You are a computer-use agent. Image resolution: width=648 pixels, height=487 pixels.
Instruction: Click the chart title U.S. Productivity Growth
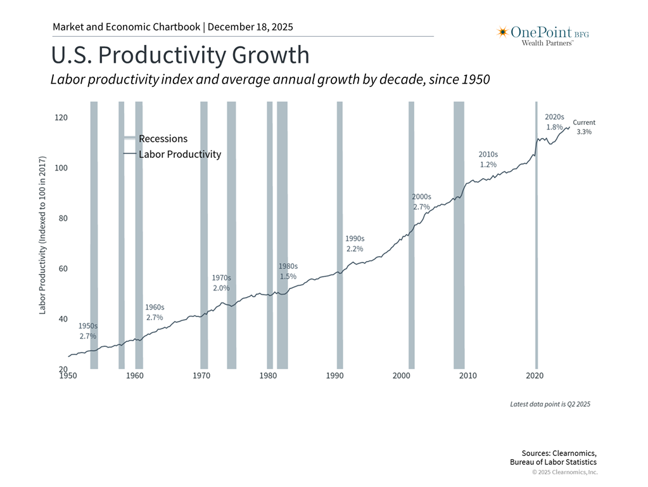180,56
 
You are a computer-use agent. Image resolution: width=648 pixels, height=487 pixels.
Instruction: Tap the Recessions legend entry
163,139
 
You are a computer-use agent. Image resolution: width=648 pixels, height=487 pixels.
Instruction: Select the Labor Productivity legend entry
179,154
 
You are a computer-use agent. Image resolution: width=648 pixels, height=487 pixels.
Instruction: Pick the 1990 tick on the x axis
334,376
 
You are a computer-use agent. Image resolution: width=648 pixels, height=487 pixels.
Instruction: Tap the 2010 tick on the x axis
467,376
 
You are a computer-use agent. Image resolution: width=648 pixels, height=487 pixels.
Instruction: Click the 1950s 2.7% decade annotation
88,331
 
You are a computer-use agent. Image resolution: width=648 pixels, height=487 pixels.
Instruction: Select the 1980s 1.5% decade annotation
288,271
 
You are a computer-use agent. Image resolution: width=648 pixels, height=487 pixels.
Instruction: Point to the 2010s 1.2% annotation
488,159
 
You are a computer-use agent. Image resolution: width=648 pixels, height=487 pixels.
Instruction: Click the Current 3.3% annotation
584,127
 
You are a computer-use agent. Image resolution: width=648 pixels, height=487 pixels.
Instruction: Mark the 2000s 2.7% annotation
421,202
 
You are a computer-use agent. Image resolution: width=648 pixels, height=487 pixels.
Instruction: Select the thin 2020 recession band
536,254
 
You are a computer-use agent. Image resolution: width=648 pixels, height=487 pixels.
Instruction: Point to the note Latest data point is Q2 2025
550,404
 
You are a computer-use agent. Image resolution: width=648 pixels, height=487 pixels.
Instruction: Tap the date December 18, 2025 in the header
250,27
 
